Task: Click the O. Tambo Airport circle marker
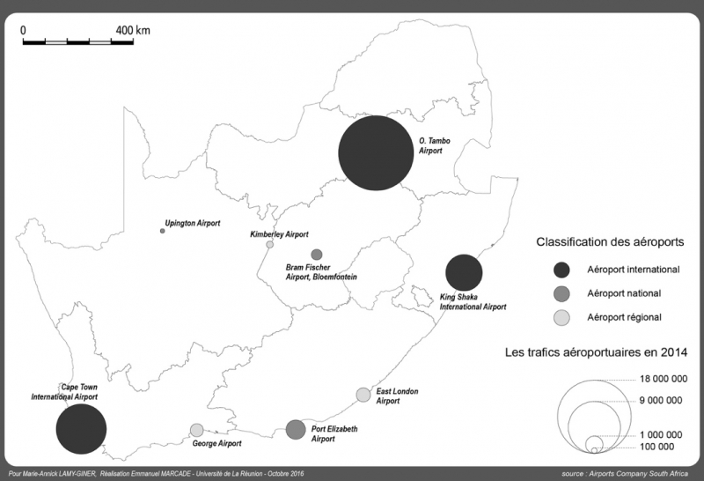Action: pos(376,153)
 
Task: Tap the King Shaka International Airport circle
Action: pos(463,273)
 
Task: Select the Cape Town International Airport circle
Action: pos(81,430)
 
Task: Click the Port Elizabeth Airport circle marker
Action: pos(296,429)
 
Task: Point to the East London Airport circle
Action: pos(363,394)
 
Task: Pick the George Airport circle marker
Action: pos(197,430)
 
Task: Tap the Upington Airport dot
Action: pos(163,231)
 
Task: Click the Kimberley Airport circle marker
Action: pos(270,245)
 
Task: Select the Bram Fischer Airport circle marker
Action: pos(317,255)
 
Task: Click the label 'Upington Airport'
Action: pos(193,223)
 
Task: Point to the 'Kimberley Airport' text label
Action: pos(279,234)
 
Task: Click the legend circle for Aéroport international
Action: pos(562,269)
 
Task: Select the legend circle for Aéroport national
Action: pos(562,293)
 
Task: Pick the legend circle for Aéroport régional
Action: pos(562,317)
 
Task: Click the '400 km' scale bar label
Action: pos(133,30)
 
